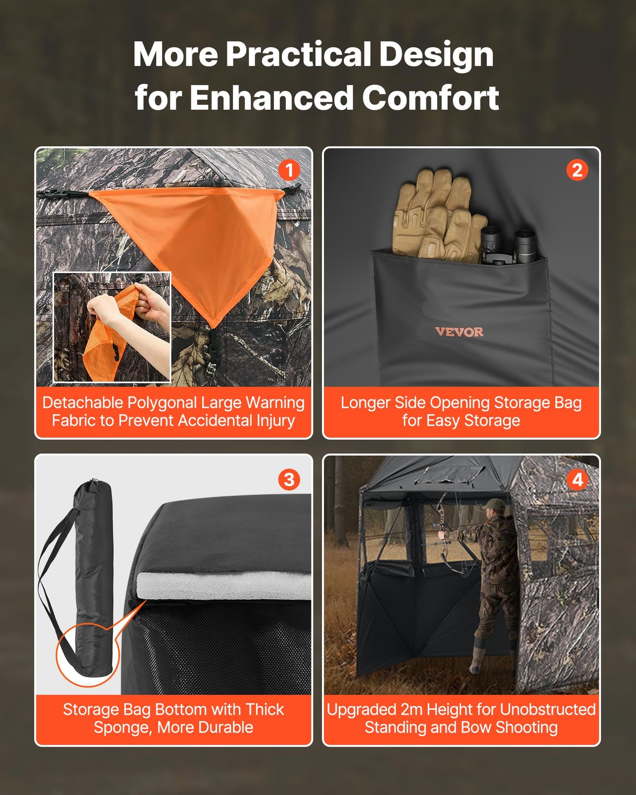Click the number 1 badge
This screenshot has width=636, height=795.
pyautogui.click(x=289, y=170)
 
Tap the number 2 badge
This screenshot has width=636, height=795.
pyautogui.click(x=577, y=170)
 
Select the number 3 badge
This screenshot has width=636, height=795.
pyautogui.click(x=289, y=479)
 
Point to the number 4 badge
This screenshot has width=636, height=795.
pyautogui.click(x=577, y=479)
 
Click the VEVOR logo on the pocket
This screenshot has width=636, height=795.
pyautogui.click(x=459, y=332)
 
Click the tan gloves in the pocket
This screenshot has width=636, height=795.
pyautogui.click(x=437, y=214)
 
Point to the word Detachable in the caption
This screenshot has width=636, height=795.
pyautogui.click(x=82, y=402)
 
